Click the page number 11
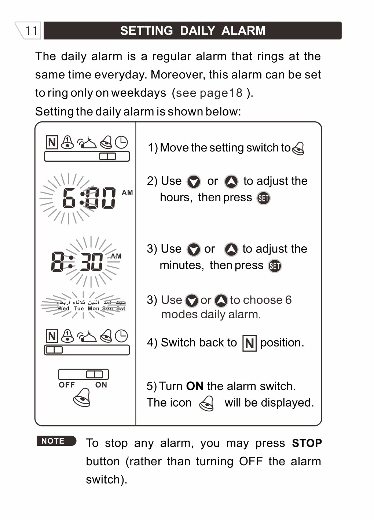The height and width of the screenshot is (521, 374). coord(32,30)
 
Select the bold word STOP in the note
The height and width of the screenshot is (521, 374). coord(307,443)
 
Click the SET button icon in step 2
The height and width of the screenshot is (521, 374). coord(263,198)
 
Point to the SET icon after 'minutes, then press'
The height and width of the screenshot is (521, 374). coord(275,266)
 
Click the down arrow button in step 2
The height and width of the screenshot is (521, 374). coord(194,181)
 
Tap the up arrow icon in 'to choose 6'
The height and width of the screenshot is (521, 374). coord(221,301)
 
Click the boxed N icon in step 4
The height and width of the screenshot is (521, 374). coord(249,344)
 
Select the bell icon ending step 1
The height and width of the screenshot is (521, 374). coord(298,148)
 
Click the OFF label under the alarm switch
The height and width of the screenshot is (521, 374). coord(67,385)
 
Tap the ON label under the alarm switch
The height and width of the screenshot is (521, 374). coord(101,385)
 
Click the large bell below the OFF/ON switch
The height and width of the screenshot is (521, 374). coord(82,397)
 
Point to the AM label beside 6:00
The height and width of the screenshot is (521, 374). coord(127,192)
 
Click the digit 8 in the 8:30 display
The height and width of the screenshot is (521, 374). coord(58,262)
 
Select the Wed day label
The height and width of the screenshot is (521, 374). coord(63,309)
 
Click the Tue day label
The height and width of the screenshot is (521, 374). coord(79,309)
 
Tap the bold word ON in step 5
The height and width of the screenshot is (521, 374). coord(195,386)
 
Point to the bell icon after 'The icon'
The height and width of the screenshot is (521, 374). coord(206,403)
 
